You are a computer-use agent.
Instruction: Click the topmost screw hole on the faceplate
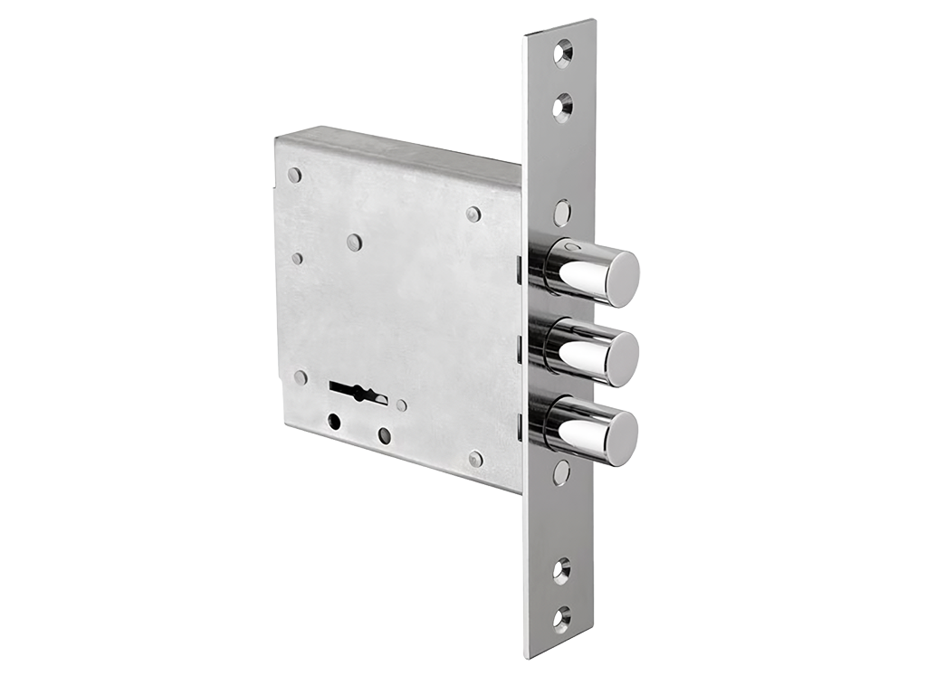tap(562, 52)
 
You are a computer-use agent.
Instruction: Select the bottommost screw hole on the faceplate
tap(562, 619)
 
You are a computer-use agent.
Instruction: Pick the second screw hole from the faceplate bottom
tap(562, 571)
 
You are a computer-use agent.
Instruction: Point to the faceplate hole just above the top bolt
tap(562, 214)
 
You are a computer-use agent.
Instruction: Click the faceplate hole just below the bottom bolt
tap(561, 472)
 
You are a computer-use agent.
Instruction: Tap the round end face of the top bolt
tap(622, 279)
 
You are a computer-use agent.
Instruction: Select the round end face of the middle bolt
tap(622, 359)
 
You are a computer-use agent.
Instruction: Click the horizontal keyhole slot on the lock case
tap(358, 394)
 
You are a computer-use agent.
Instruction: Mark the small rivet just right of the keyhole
tap(402, 406)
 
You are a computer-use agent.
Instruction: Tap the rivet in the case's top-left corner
tap(294, 175)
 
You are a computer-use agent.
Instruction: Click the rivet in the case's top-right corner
tap(473, 214)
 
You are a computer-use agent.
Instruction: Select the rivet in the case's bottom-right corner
tap(475, 459)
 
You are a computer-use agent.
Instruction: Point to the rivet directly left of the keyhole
tap(301, 377)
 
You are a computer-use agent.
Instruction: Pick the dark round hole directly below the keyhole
tap(335, 422)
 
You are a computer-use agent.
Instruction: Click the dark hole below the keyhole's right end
tap(385, 435)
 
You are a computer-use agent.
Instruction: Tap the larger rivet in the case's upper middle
tap(354, 243)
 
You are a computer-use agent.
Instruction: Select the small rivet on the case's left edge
tap(297, 259)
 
